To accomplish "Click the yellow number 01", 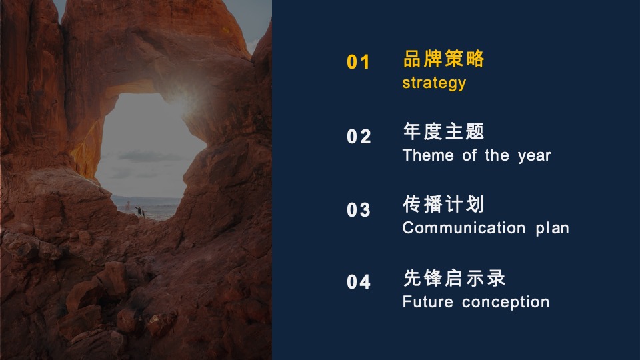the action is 358,62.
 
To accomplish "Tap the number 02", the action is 359,136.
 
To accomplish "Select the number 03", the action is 359,210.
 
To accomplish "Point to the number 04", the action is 359,281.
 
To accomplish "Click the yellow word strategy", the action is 434,83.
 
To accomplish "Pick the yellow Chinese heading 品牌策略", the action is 444,59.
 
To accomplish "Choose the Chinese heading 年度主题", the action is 444,131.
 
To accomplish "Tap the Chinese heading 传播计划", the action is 443,204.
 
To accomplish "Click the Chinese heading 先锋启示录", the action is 454,278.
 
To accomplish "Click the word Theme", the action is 428,155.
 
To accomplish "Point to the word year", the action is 534,156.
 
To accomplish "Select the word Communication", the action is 464,228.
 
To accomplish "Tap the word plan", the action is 552,228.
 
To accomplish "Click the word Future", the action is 428,302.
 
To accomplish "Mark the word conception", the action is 505,303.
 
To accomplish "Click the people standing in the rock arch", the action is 140,212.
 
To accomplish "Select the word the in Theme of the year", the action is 497,155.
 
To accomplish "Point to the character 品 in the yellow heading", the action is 412,59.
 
